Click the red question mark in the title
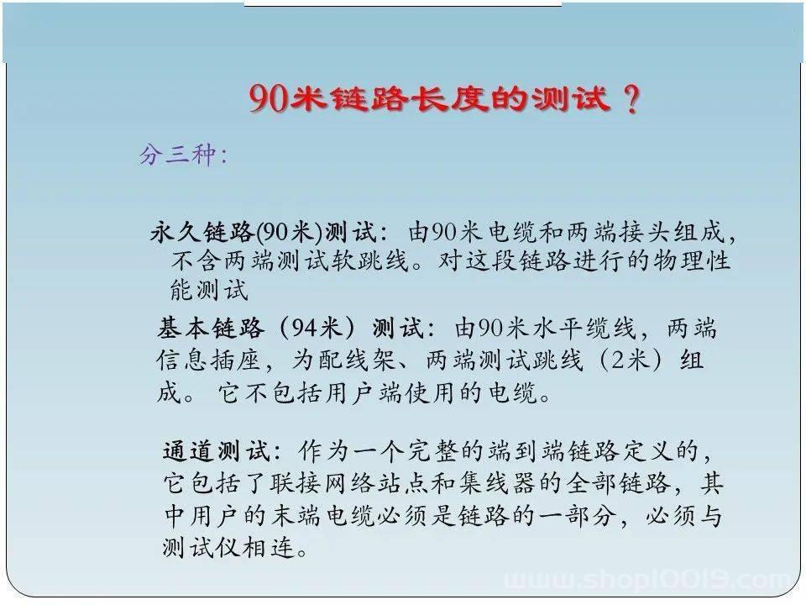631,99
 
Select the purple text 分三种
177,154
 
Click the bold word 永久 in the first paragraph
175,232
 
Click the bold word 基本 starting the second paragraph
184,329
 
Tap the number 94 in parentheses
305,329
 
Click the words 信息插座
208,360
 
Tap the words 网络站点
378,484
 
